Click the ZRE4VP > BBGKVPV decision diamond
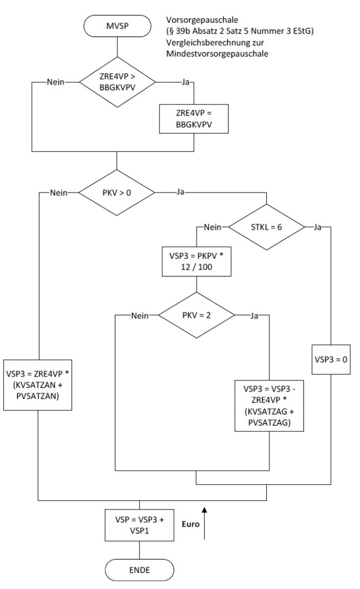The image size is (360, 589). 117,82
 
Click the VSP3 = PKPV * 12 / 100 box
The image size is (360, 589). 196,261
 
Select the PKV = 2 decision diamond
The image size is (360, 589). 195,315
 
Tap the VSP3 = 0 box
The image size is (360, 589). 330,360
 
